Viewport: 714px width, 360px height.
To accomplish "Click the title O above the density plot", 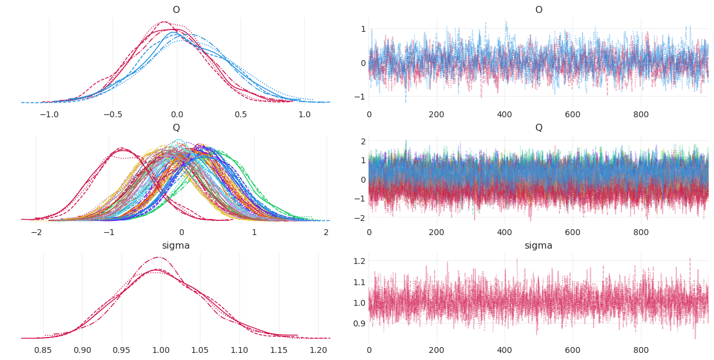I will pos(176,10).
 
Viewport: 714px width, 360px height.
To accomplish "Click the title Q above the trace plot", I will pos(538,128).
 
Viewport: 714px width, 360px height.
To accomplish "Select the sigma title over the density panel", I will pos(176,246).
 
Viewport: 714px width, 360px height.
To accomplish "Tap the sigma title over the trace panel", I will pos(538,246).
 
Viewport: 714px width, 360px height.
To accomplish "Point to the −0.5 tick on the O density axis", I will pos(113,114).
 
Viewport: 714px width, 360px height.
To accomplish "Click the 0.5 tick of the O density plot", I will pos(241,114).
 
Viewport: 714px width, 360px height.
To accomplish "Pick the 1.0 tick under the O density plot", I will pos(304,114).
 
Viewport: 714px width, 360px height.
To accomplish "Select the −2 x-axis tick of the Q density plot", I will pos(36,232).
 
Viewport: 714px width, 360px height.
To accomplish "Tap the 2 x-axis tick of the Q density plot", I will pos(326,232).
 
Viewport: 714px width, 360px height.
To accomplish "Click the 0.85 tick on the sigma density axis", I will pos(43,350).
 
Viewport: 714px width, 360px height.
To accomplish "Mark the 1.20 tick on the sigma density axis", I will pos(318,350).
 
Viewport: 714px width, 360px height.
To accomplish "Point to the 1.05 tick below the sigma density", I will pos(200,350).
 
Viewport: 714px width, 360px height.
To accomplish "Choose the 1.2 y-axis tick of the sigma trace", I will pos(359,261).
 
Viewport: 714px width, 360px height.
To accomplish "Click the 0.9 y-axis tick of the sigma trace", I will pos(359,323).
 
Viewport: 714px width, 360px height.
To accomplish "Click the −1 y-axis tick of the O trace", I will pos(361,97).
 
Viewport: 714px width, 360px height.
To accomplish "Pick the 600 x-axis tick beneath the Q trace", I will pos(572,232).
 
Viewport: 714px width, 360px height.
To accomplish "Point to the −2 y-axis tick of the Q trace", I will pos(361,217).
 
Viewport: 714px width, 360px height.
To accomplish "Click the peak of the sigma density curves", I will pos(158,257).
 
